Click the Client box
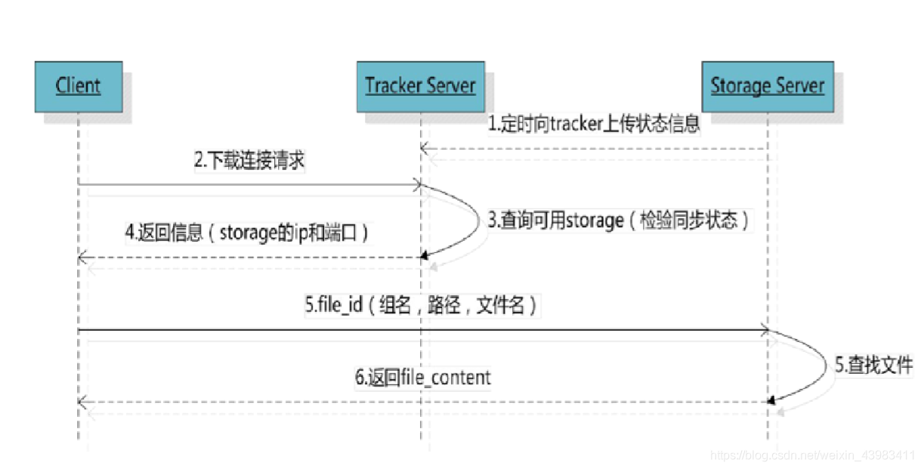click(x=78, y=86)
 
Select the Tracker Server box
click(x=420, y=86)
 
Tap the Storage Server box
click(x=767, y=86)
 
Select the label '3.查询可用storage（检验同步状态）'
click(x=619, y=221)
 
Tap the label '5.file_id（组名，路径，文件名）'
click(x=422, y=306)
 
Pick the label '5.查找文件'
click(x=873, y=366)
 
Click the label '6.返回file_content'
click(x=423, y=377)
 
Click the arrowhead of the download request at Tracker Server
click(x=416, y=184)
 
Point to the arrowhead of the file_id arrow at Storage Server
click(x=764, y=330)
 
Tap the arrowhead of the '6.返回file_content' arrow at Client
click(x=82, y=402)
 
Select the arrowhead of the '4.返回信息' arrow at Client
click(x=82, y=258)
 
